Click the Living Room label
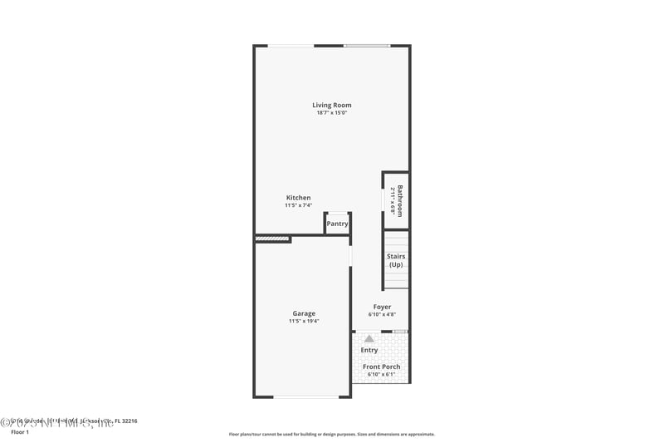click(332, 105)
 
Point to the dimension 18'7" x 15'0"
click(332, 113)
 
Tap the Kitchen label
click(299, 197)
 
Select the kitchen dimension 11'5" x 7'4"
click(299, 205)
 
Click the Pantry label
click(337, 224)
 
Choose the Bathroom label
click(399, 200)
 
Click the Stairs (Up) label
click(396, 260)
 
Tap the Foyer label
click(382, 307)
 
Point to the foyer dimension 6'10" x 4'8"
click(382, 315)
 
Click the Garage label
click(304, 313)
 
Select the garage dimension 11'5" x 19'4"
click(304, 322)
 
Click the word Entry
click(369, 350)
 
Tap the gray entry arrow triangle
click(369, 339)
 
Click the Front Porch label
click(382, 367)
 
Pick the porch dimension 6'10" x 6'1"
click(382, 375)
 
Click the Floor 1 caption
click(19, 432)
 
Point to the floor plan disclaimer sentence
click(332, 434)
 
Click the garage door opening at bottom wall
click(306, 396)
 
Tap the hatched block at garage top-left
click(272, 239)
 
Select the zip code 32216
click(127, 421)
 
